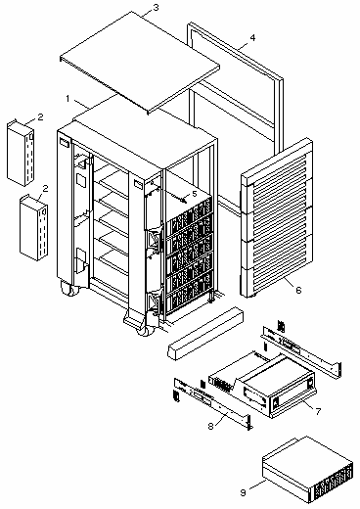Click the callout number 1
coord(67,98)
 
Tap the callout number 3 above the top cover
coord(156,7)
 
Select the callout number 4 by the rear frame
coord(252,38)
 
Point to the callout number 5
coord(195,194)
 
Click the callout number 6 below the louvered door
coord(298,290)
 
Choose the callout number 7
coord(319,411)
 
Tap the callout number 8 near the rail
coord(210,426)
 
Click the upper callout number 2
coord(40,117)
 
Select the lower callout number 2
coord(45,188)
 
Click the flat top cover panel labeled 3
coord(140,62)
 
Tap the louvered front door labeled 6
coord(277,217)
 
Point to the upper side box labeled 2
coord(21,153)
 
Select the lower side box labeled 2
coord(33,228)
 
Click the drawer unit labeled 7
coord(262,384)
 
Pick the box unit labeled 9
coord(307,470)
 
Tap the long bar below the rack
coord(206,334)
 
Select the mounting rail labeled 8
coord(212,403)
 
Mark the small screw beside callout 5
coord(185,198)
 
